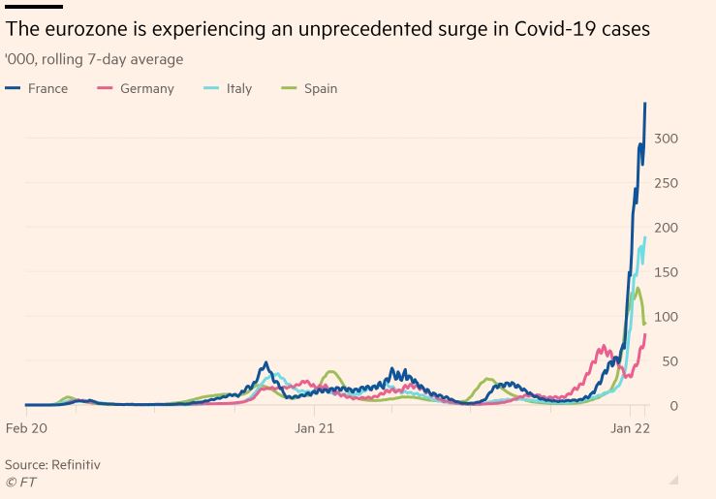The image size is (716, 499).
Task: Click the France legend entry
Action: pos(47,88)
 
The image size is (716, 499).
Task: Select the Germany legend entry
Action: pos(146,88)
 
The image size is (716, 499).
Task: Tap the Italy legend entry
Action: pos(238,88)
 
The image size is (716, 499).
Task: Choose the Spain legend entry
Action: pos(320,88)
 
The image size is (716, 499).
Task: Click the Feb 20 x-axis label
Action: pos(26,427)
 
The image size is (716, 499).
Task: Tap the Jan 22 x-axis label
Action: pos(629,427)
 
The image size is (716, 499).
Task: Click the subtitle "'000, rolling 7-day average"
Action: pos(94,59)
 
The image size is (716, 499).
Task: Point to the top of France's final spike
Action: pos(645,104)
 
